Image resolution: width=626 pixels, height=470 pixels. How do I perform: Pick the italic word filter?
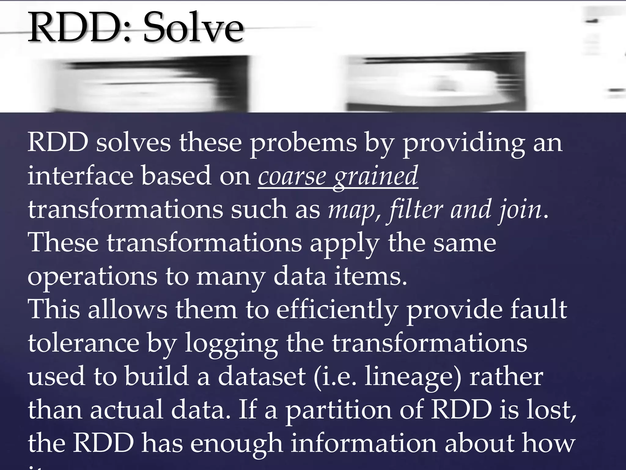(x=414, y=210)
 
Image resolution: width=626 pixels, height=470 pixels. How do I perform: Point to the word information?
(x=363, y=443)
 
